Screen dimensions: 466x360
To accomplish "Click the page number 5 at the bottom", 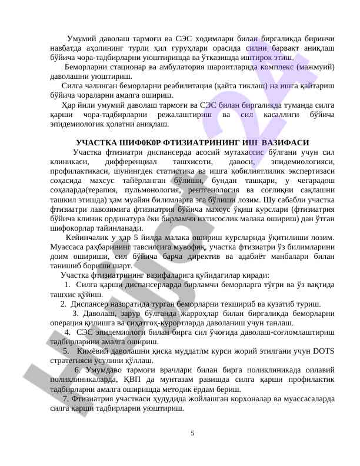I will coord(192,434).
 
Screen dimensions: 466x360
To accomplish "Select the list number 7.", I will coord(65,400).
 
